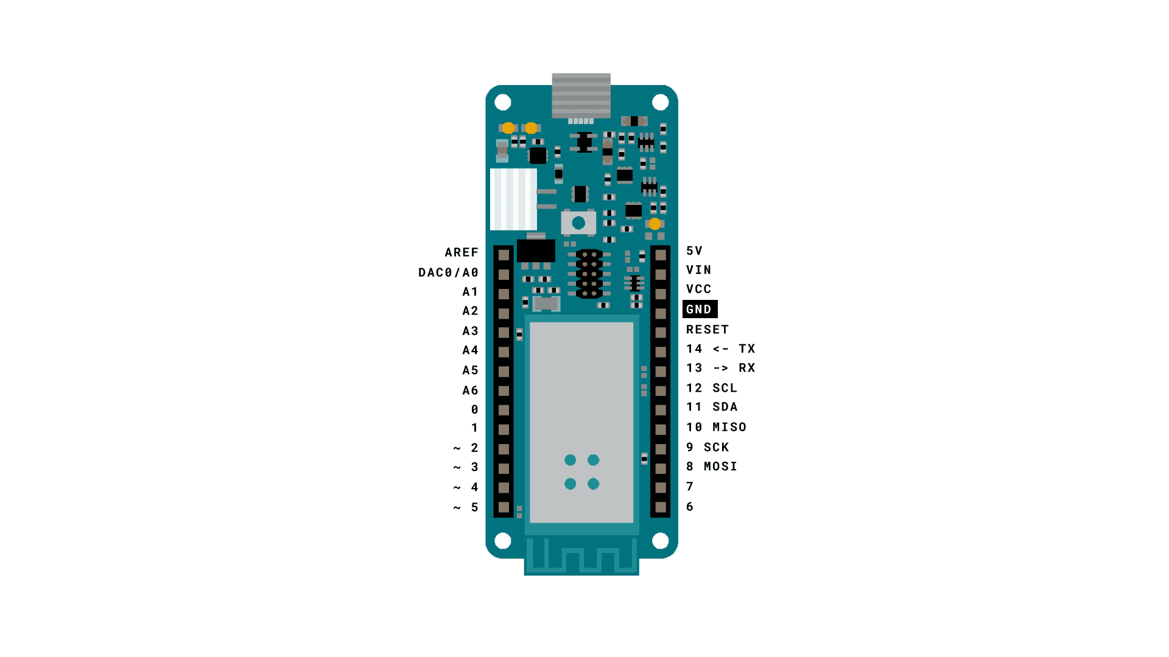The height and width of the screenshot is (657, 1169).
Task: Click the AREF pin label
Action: [462, 252]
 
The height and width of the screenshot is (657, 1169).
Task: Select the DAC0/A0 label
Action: [448, 273]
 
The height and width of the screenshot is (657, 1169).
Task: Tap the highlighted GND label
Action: [700, 309]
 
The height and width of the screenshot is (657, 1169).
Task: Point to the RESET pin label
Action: [707, 330]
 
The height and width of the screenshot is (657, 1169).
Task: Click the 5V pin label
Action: [695, 251]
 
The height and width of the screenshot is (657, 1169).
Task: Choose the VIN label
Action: [699, 270]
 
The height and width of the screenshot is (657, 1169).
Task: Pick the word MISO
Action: [729, 427]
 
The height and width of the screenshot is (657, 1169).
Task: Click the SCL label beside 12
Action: [725, 388]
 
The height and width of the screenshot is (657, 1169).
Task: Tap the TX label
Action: [747, 349]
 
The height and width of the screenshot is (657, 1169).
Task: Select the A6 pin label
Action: [470, 391]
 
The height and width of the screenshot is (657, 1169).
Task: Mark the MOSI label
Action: [721, 467]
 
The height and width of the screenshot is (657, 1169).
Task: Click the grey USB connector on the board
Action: [581, 96]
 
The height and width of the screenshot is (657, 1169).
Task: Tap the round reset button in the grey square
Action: [578, 223]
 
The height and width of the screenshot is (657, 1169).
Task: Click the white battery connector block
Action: [513, 200]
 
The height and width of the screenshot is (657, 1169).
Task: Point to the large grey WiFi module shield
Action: [581, 422]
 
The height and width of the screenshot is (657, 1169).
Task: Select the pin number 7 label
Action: [690, 487]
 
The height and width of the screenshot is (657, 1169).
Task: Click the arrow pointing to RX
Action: [721, 368]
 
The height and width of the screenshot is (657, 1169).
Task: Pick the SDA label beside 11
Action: [725, 407]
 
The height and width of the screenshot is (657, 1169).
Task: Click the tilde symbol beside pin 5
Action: [457, 508]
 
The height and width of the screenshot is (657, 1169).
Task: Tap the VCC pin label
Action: [699, 290]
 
